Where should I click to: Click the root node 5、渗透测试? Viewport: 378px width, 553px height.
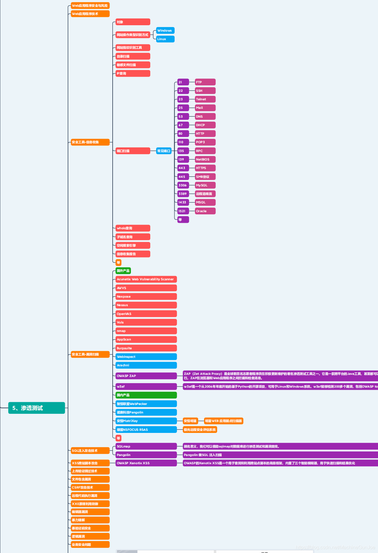coord(36,408)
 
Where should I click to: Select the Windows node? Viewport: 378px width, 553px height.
coord(165,30)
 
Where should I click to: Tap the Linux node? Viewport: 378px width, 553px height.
coord(165,39)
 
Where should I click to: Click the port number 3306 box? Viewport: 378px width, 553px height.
coord(183,185)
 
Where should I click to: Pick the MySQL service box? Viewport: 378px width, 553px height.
coord(205,185)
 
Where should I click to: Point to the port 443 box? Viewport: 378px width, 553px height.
coord(183,168)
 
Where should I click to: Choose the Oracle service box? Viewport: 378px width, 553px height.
coord(205,211)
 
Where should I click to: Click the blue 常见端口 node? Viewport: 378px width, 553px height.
coord(164,151)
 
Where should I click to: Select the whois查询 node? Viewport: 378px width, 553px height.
coord(133,228)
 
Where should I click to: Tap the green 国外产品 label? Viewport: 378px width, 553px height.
coord(123,271)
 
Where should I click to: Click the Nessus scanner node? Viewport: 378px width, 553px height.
coord(146,305)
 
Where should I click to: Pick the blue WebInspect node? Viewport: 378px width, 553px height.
coord(146,357)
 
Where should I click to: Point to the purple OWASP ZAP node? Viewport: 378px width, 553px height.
coord(146,376)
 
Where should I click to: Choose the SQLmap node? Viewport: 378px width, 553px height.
coord(146,446)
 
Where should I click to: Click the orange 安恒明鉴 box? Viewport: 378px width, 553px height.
coord(190,421)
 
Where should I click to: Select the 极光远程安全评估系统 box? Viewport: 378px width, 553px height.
coord(200,430)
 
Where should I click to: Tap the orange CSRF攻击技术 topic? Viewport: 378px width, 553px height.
coord(90,487)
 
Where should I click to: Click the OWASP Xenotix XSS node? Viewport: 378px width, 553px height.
coord(146,463)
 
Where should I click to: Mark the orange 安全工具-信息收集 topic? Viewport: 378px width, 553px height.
coord(90,142)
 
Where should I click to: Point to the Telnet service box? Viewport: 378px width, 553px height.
coord(205,99)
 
